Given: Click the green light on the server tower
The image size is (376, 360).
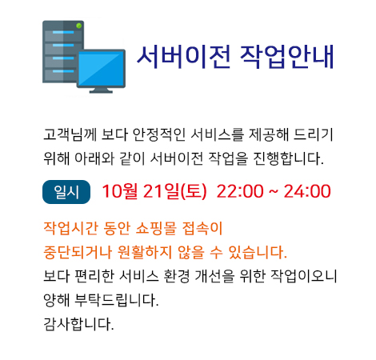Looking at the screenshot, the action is (79, 26).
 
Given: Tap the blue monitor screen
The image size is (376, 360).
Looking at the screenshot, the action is (101, 69).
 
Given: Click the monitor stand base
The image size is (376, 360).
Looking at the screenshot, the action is (101, 91).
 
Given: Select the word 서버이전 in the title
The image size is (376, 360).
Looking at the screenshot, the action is (183, 57).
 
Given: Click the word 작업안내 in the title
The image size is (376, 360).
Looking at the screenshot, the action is (286, 57).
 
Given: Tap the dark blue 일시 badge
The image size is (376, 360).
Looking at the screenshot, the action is (66, 192).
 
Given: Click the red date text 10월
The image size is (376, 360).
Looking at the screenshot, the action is (120, 191).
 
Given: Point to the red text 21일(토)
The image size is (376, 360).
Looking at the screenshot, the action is (175, 191).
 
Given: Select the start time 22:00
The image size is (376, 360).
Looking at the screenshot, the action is (240, 191).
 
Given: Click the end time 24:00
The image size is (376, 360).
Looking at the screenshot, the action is (307, 191).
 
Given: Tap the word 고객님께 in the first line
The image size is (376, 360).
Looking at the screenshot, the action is (70, 134).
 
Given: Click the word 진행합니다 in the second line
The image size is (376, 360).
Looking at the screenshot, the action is (288, 158).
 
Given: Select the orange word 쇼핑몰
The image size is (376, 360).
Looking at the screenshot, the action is (156, 229).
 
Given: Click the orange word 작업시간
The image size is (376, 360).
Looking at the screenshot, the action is (70, 229).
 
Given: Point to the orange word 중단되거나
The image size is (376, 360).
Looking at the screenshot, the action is (78, 252).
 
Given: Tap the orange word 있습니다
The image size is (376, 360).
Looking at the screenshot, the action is (258, 252).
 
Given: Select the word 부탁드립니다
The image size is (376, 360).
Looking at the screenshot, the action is (116, 300).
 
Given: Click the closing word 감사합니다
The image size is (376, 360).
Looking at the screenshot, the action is (78, 324).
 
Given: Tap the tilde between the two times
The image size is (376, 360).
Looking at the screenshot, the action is (274, 191).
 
